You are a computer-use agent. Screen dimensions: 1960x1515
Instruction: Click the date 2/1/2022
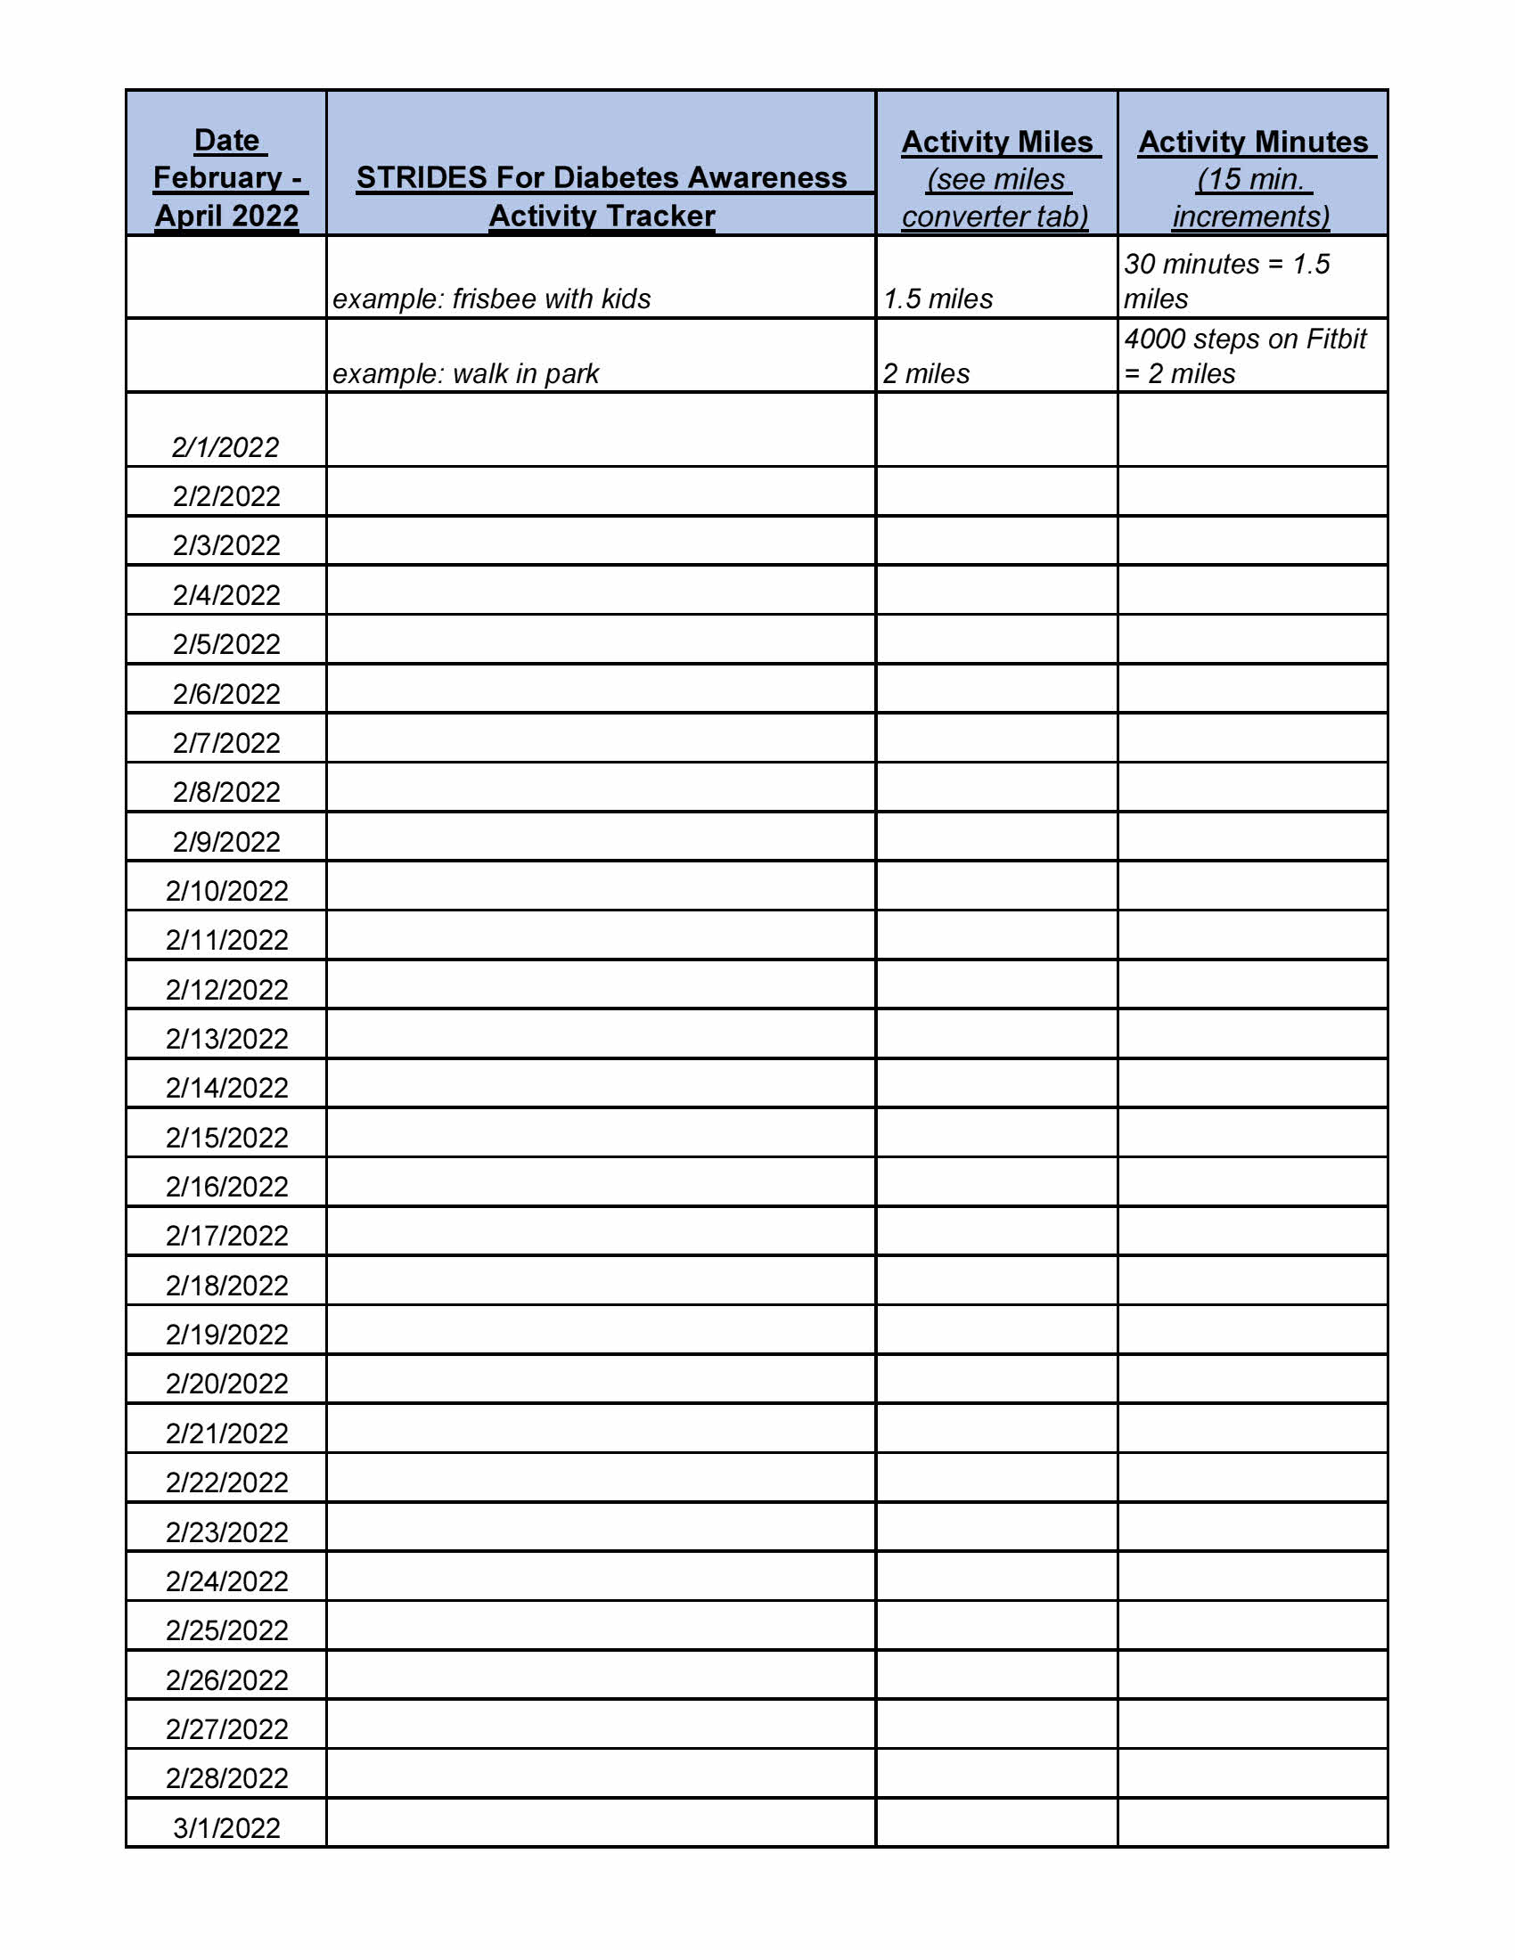[225, 447]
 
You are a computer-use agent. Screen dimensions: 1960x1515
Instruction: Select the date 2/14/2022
[227, 1088]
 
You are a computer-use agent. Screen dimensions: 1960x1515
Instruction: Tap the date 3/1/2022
[227, 1827]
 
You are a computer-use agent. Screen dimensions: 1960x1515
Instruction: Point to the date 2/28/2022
[227, 1778]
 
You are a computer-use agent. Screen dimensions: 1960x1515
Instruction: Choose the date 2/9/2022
[227, 842]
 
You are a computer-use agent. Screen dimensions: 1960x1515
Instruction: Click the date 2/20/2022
[227, 1383]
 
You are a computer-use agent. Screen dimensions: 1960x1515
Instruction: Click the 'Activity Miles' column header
[997, 142]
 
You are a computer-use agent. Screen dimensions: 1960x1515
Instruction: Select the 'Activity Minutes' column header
[1253, 142]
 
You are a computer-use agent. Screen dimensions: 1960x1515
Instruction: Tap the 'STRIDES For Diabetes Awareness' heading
[602, 177]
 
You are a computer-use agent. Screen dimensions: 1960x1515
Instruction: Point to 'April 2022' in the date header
[227, 216]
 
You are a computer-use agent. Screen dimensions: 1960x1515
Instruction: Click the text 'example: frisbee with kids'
[492, 298]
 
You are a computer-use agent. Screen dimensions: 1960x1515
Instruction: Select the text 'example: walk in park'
[466, 373]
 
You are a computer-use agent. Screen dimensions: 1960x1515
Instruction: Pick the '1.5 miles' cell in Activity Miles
[938, 298]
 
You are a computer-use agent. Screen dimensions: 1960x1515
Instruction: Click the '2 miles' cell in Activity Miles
[926, 373]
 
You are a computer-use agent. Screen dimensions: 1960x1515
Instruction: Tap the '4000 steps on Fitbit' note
[1245, 339]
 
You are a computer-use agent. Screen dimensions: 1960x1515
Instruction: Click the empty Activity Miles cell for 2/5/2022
[996, 640]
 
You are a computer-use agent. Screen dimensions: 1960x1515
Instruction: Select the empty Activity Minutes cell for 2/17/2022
[1252, 1231]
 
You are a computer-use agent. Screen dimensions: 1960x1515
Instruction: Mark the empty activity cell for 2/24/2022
[601, 1577]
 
